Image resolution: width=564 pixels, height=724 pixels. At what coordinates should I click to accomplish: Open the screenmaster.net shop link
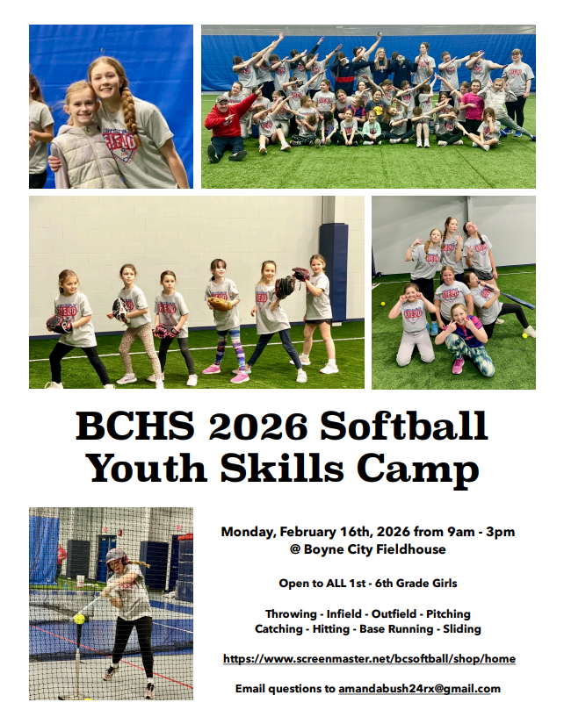point(369,658)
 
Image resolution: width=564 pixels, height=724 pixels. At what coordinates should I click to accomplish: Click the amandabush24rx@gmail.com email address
point(419,689)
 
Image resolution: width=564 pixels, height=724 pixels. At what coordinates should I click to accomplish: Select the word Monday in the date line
point(248,532)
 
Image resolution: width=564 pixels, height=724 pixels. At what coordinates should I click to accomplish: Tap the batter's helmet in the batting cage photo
point(116,555)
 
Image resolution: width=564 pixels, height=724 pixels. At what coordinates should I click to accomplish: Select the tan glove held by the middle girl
point(221,304)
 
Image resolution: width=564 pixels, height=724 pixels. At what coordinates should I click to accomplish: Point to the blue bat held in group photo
point(515,300)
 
